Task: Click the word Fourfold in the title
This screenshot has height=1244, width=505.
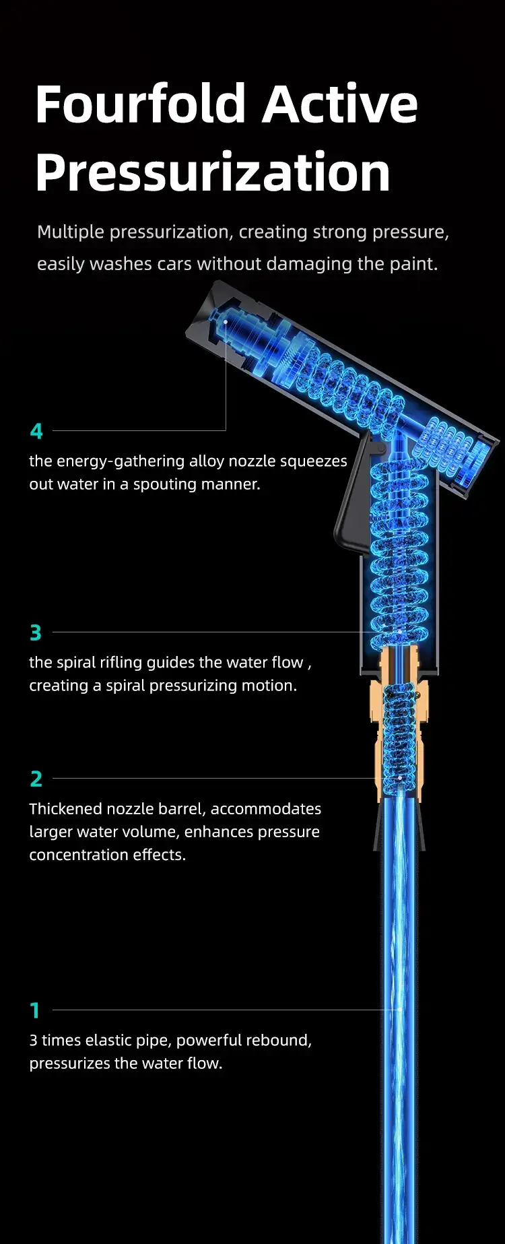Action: (x=141, y=104)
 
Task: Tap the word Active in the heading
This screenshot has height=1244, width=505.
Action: (x=340, y=104)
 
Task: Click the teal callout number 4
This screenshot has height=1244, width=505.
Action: (x=36, y=431)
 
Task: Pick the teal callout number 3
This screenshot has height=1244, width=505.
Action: (x=36, y=633)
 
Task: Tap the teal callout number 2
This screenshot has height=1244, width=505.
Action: (x=36, y=779)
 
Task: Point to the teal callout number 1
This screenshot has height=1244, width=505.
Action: (x=35, y=1010)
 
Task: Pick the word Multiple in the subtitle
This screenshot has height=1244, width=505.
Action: (x=71, y=232)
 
